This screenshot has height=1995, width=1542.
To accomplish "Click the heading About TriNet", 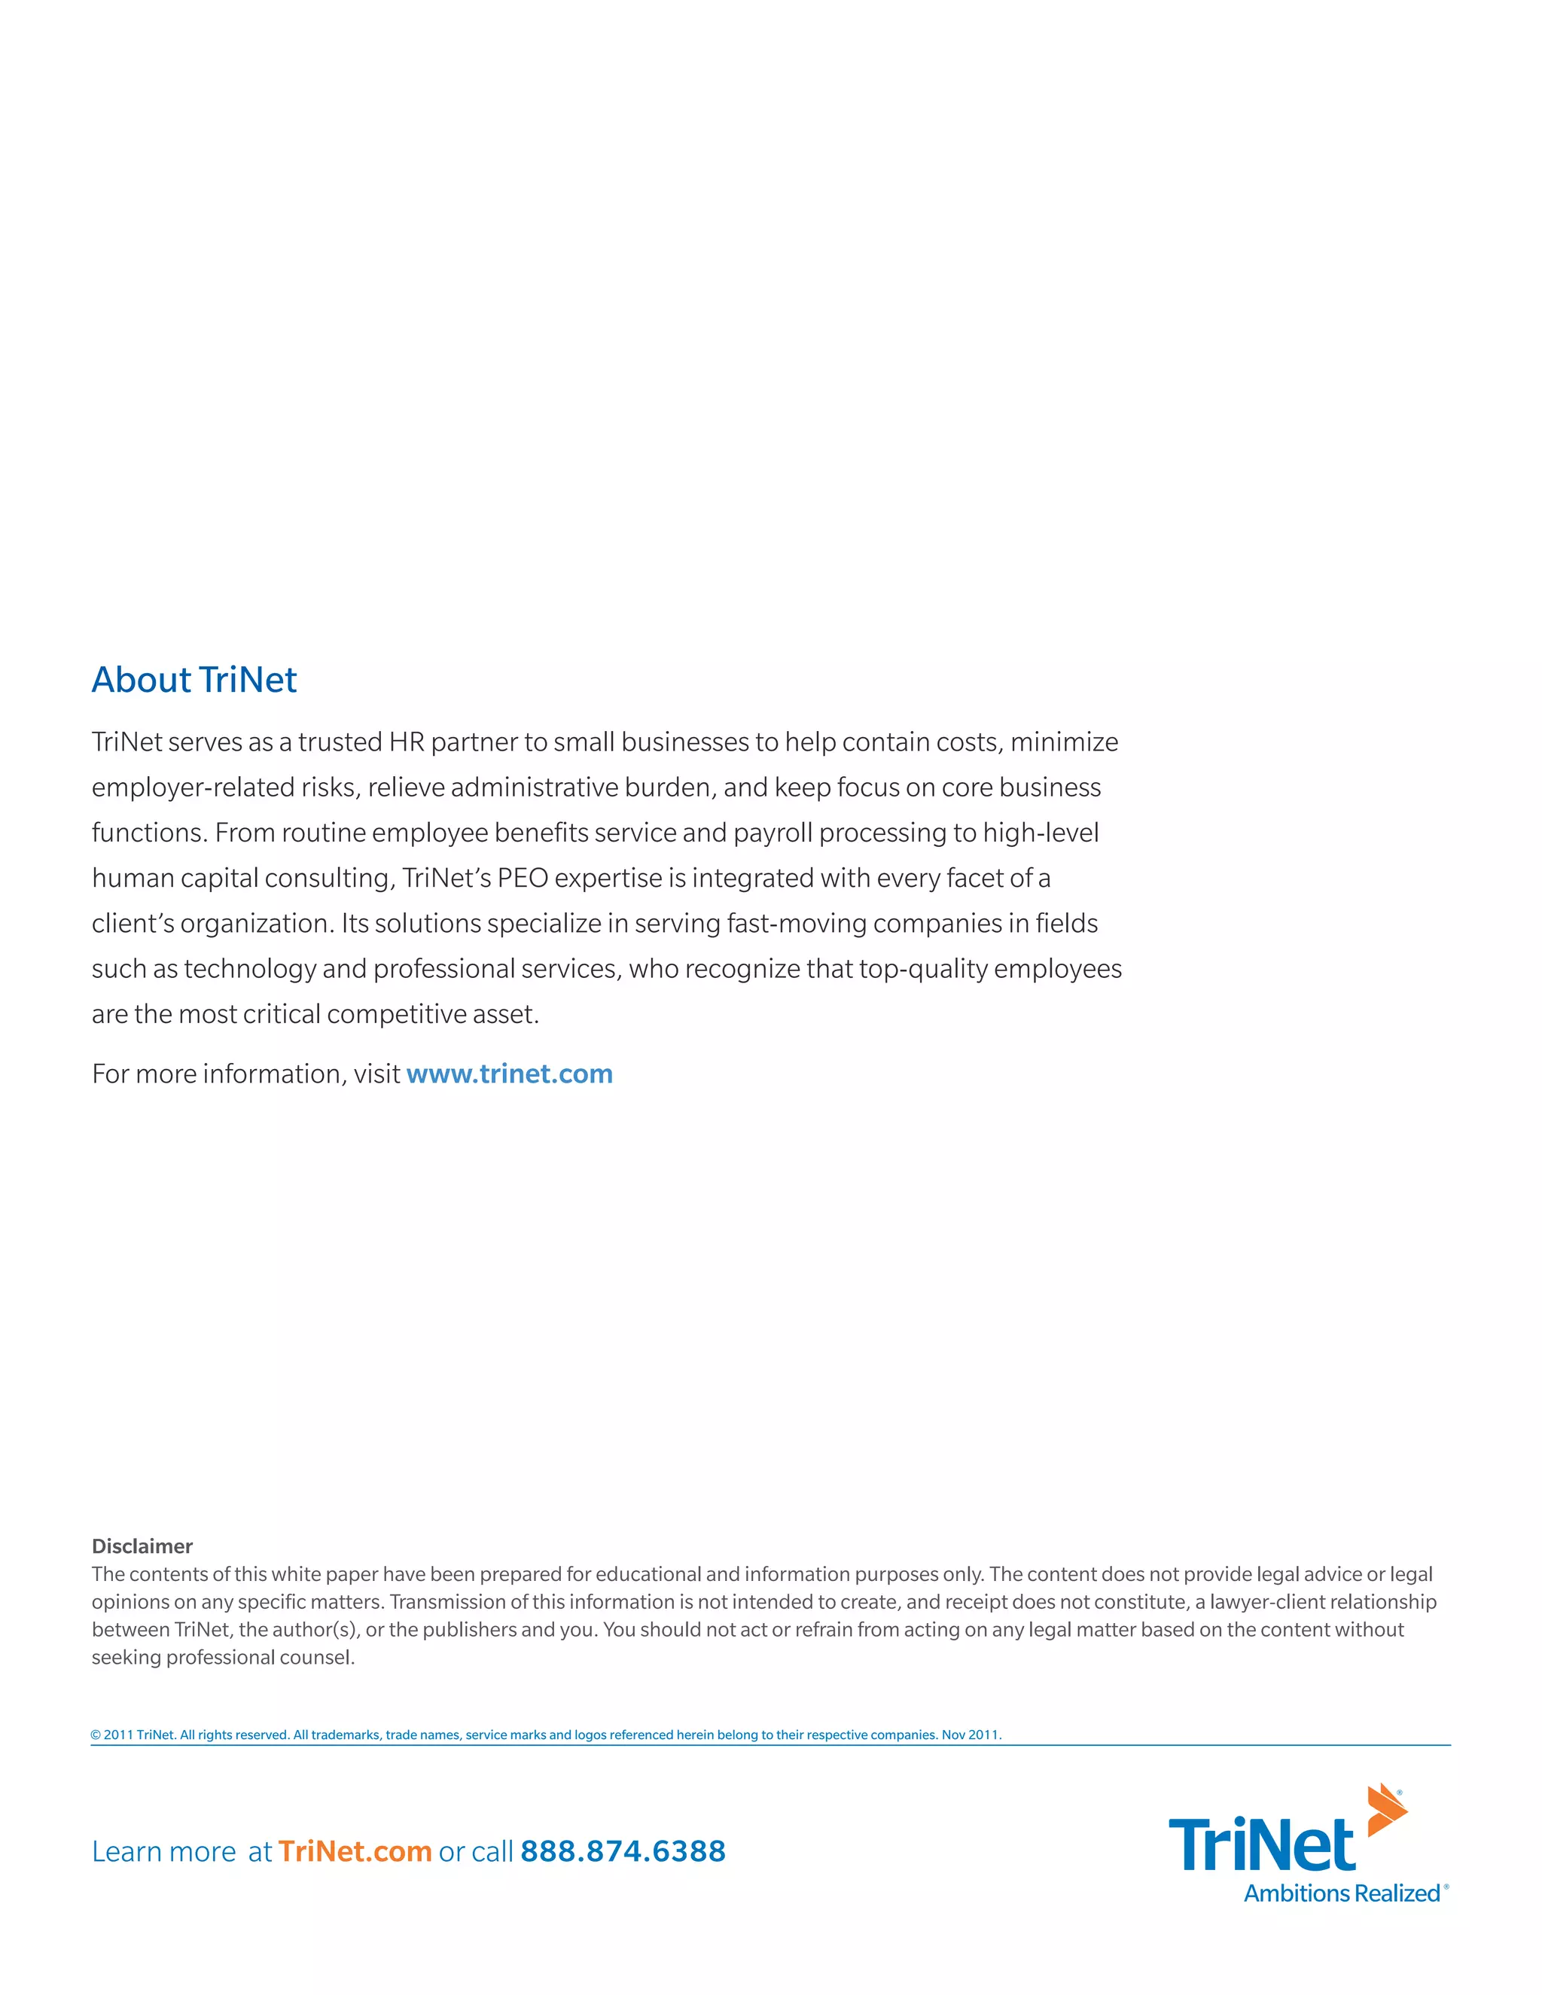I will click(x=194, y=680).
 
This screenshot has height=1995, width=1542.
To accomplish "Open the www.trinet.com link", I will click(x=509, y=1074).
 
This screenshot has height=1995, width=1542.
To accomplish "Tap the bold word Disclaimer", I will click(x=142, y=1546).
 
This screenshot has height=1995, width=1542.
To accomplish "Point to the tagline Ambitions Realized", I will click(x=1341, y=1893).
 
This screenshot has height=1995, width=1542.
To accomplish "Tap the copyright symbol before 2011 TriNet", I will click(x=95, y=1735).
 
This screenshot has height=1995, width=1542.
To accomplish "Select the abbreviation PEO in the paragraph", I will click(x=522, y=878).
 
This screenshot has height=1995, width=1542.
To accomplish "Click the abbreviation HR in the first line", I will click(x=407, y=742).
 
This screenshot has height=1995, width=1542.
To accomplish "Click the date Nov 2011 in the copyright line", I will click(x=970, y=1735).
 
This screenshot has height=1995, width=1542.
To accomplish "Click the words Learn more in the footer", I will click(x=163, y=1852).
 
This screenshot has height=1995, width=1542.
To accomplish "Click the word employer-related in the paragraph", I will click(x=194, y=787).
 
